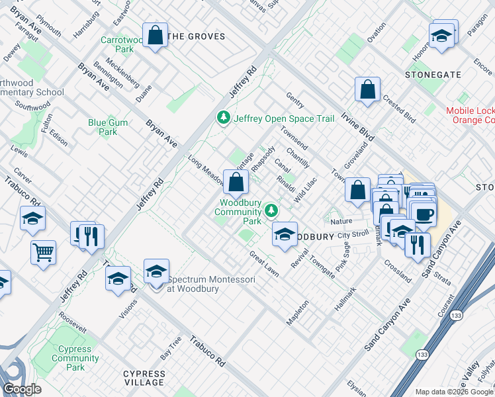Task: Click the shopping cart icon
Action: tap(43, 251)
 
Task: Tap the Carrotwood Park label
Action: tap(121, 44)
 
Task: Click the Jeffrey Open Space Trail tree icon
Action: tap(224, 118)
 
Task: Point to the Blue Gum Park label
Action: tap(103, 127)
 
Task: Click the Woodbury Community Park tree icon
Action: tap(271, 210)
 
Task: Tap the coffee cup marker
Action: tap(424, 214)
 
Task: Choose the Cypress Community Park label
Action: tap(75, 358)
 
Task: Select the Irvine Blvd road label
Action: tap(357, 126)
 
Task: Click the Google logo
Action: tap(22, 389)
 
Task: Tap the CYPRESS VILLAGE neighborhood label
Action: tap(144, 378)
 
